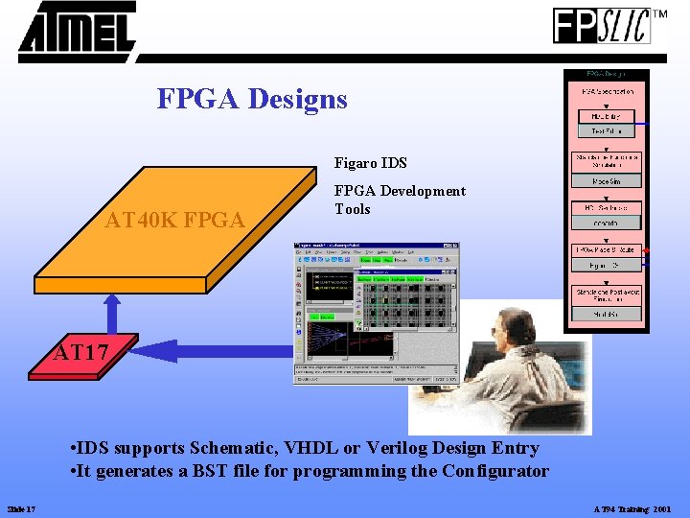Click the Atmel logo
coord(77,32)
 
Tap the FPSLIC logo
coord(602,26)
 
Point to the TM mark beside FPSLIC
coord(660,14)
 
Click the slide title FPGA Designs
coord(252,99)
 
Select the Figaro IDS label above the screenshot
coord(370,164)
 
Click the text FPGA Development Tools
coord(400,200)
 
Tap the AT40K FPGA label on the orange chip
coord(174,222)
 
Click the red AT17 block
coord(81,354)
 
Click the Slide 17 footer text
coord(21,508)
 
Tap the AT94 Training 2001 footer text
coord(632,508)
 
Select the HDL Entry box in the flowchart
coord(606,116)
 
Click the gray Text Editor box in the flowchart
coord(606,130)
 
